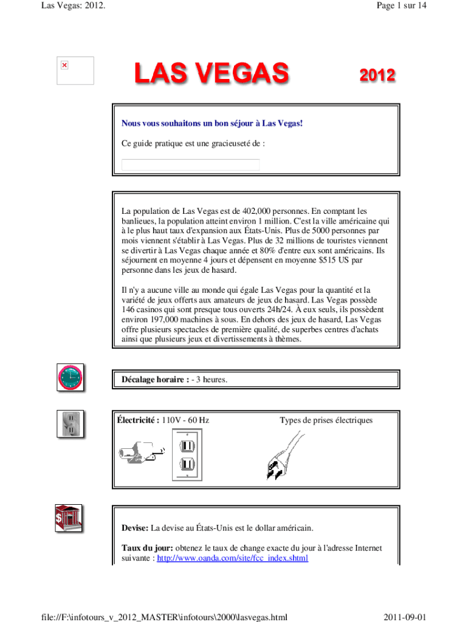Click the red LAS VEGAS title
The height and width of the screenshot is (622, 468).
211,76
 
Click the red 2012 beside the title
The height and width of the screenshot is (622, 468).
377,77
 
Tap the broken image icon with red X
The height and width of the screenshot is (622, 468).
64,65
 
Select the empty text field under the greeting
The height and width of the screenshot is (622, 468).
190,165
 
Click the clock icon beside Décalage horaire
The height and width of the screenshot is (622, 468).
69,378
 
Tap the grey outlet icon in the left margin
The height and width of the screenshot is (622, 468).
69,424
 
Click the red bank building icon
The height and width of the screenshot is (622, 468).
67,518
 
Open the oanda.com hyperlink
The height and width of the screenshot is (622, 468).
232,558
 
